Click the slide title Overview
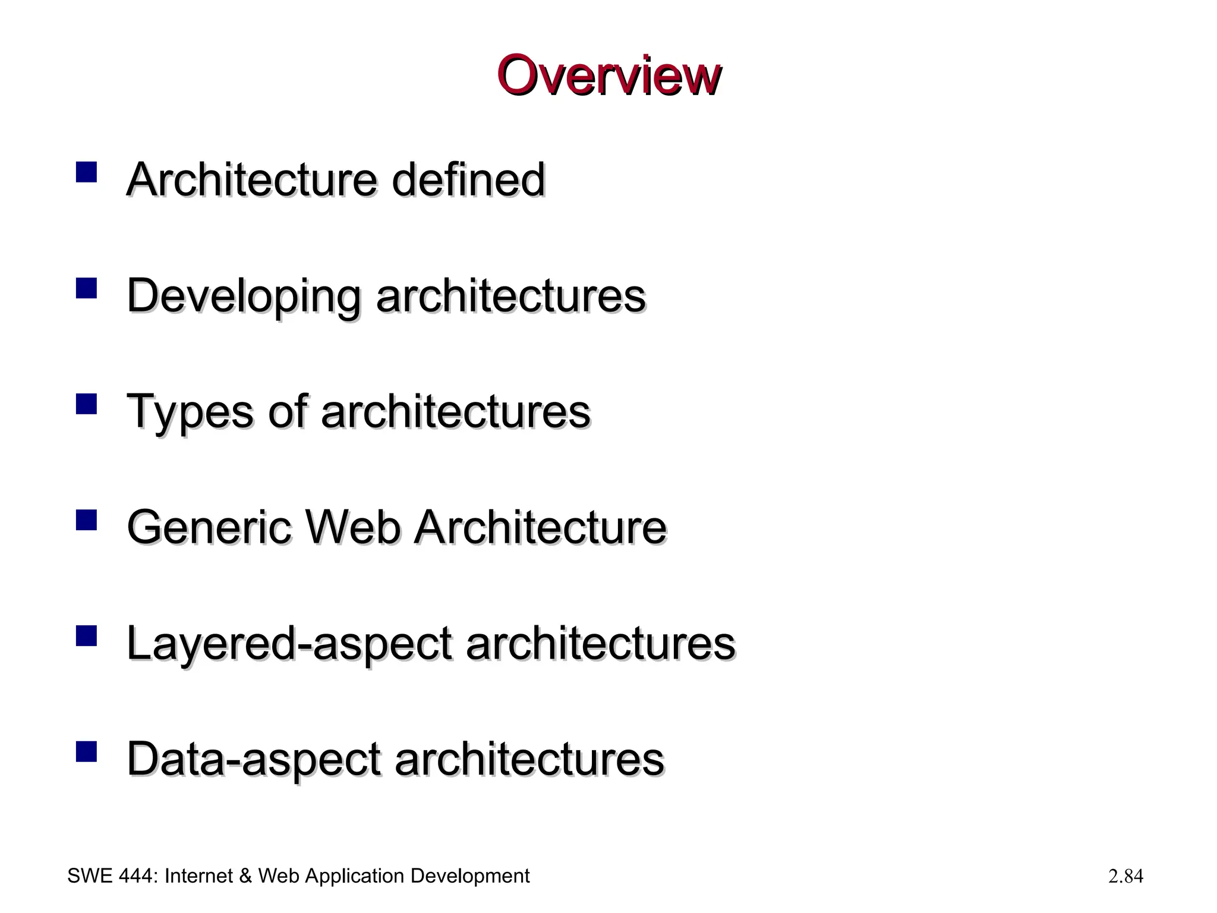[x=608, y=76]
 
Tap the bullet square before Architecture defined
[x=86, y=172]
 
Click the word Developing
[x=244, y=295]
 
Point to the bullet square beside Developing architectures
[x=86, y=288]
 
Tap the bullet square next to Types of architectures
[x=86, y=404]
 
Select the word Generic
[x=209, y=527]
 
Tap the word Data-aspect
[x=253, y=760]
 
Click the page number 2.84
[x=1125, y=876]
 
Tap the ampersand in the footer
[x=245, y=876]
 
